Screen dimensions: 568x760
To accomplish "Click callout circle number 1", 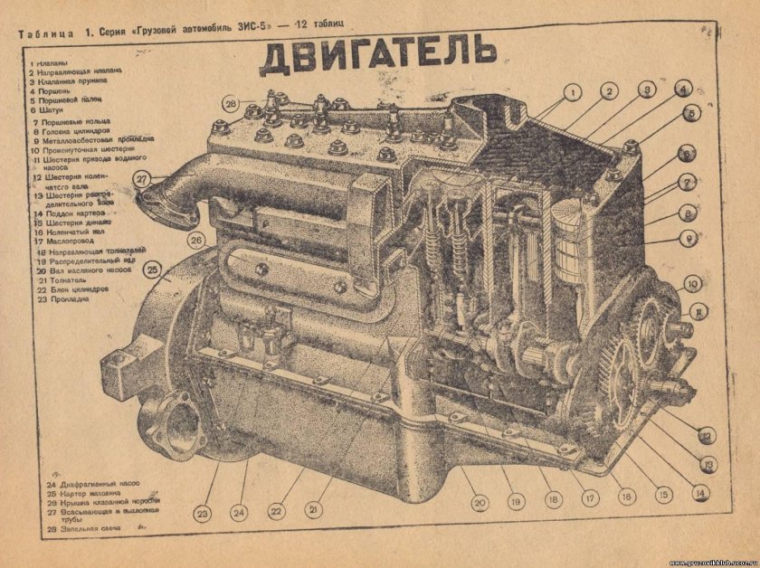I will click(x=572, y=92).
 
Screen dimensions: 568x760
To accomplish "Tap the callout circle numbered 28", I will click(x=232, y=104).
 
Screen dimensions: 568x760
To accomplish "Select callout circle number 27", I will click(x=142, y=179).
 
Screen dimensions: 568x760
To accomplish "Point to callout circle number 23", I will click(x=202, y=514).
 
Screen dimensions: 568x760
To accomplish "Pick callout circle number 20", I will click(x=480, y=502).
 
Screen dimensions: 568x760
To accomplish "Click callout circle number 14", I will click(x=699, y=493).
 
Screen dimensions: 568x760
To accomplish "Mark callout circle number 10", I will click(x=692, y=284).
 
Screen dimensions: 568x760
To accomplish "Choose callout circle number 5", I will click(x=691, y=114).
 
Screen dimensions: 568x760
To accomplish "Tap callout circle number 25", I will click(x=153, y=270).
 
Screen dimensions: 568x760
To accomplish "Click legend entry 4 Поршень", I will click(x=49, y=90).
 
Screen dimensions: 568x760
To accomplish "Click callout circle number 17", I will click(x=588, y=497).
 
